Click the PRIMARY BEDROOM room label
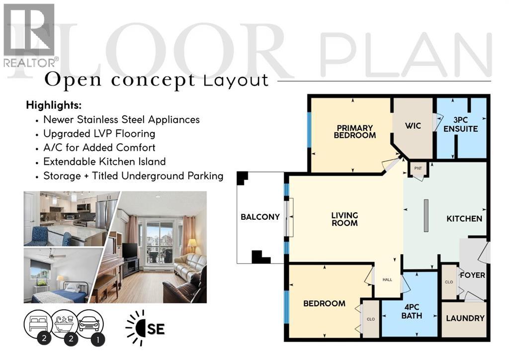click(354, 131)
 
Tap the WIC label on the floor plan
click(413, 126)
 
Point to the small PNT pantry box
click(418, 168)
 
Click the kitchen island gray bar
click(426, 215)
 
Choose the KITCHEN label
click(464, 218)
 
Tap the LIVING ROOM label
click(344, 219)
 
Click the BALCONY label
click(260, 217)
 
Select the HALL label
click(387, 279)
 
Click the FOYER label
click(472, 275)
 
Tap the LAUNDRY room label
click(465, 318)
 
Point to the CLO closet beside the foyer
click(449, 282)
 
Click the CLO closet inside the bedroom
click(370, 319)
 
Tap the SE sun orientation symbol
click(145, 328)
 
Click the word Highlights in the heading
click(53, 105)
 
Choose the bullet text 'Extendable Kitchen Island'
click(104, 162)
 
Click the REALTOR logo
click(29, 35)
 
